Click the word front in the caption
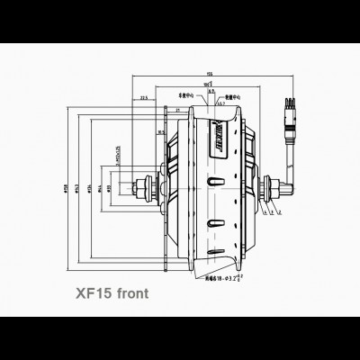point(130,293)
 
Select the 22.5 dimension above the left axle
point(144,100)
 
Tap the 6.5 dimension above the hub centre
point(210,92)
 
